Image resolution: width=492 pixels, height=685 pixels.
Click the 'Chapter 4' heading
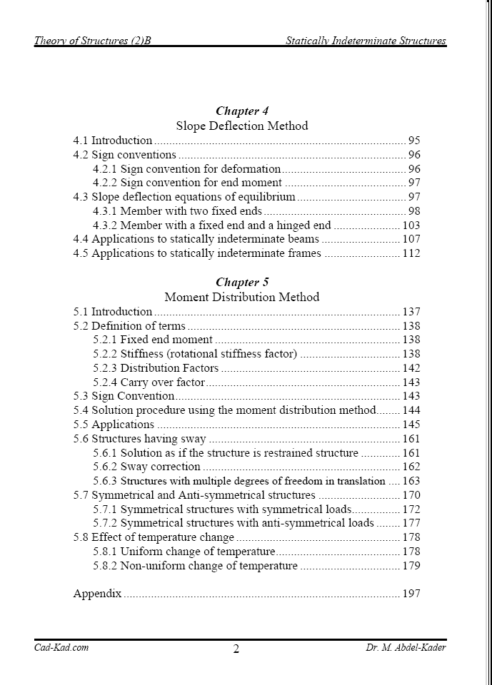coord(242,111)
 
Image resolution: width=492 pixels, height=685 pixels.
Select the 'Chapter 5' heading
coord(242,283)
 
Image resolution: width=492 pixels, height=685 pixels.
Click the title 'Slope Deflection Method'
coord(242,126)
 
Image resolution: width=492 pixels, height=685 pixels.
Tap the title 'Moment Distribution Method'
coord(242,297)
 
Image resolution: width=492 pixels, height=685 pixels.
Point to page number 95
coord(414,141)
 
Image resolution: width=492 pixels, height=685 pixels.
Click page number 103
coord(411,225)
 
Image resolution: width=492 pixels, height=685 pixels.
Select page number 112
coord(411,253)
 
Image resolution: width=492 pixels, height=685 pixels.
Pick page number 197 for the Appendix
coord(411,594)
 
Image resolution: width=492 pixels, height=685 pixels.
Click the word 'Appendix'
coord(97,594)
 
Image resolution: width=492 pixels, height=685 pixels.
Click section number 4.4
coord(81,240)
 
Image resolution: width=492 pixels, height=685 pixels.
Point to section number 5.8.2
coord(106,566)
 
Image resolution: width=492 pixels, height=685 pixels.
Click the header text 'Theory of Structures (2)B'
coord(93,41)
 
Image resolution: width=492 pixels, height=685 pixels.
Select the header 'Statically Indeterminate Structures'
coord(366,41)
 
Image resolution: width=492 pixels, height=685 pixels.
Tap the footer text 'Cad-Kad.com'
coord(61,648)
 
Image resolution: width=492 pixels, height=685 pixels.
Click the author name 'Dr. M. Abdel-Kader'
coord(406,648)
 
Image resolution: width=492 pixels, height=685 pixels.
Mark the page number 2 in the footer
coord(236,649)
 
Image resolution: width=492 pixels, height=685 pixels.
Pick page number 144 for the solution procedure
coord(411,410)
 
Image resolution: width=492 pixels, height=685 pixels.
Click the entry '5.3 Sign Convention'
coord(124,396)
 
